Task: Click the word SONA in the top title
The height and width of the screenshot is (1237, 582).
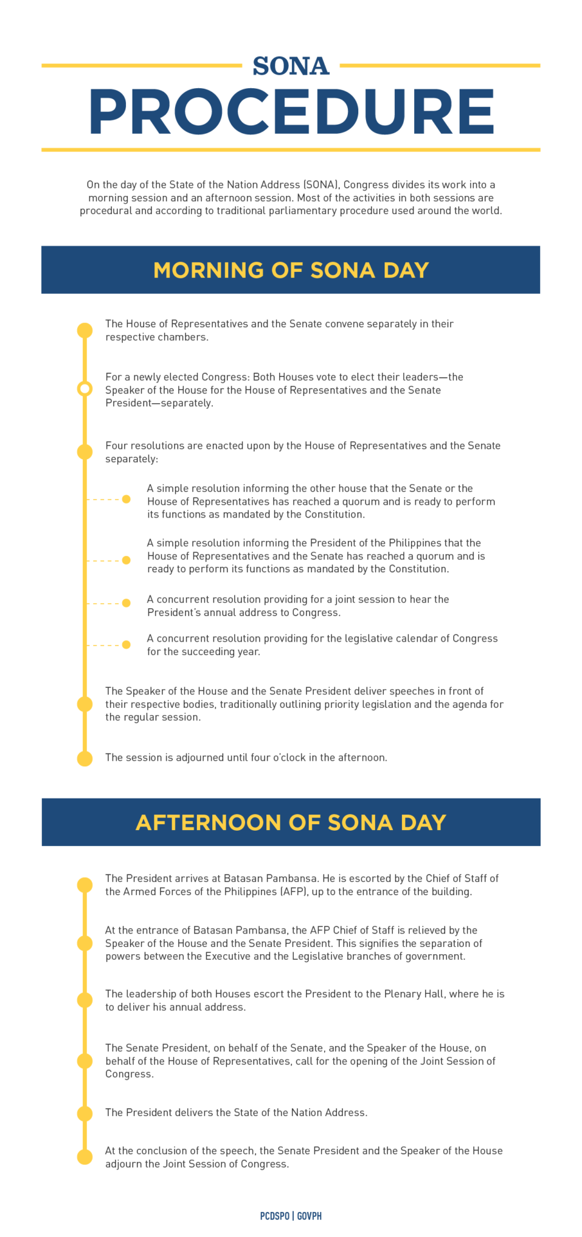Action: click(x=291, y=66)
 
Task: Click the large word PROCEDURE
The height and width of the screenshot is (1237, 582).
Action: click(x=291, y=112)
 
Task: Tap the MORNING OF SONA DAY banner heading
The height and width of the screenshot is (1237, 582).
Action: click(x=291, y=270)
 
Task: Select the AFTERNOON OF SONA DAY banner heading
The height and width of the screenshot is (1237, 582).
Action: click(x=291, y=822)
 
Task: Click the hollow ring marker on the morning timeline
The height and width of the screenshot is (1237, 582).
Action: click(x=85, y=389)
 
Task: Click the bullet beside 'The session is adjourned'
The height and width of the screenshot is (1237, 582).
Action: click(x=85, y=759)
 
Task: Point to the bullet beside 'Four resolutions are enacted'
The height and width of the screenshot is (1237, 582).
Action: click(x=85, y=452)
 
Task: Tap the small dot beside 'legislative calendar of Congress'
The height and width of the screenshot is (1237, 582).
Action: click(x=126, y=644)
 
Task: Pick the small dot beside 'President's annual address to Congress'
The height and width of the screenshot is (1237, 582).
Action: click(x=126, y=603)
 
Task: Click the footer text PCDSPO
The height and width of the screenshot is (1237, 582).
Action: click(x=275, y=1216)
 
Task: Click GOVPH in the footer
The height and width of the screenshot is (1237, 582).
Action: click(x=309, y=1216)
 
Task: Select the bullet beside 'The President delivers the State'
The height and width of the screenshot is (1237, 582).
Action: click(x=85, y=1114)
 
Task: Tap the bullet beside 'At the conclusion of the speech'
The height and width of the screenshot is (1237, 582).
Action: click(x=85, y=1157)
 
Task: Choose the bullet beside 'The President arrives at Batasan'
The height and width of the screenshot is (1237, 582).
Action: click(x=85, y=885)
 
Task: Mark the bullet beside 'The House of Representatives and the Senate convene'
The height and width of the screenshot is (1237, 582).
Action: click(x=85, y=330)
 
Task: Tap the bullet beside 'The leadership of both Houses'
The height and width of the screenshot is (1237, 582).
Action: click(x=85, y=1000)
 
